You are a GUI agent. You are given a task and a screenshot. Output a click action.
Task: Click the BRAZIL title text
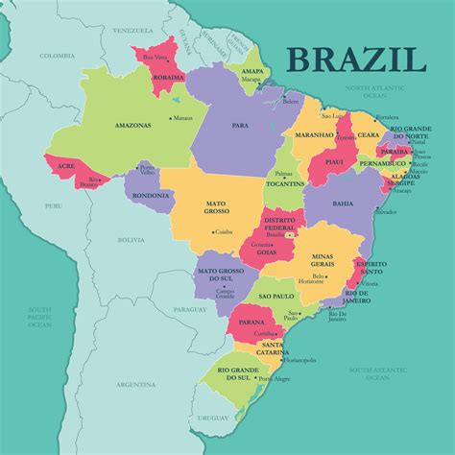coord(355,59)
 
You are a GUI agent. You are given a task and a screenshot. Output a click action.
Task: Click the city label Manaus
coord(183,118)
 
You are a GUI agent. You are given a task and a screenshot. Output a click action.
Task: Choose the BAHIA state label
coord(342,204)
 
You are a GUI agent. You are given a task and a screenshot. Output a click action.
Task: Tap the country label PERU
coord(52,205)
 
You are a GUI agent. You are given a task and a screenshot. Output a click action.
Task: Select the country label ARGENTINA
coord(135,384)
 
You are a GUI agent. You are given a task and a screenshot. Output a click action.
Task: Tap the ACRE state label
coord(66,165)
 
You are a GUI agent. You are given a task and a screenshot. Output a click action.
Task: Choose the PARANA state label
coord(252,322)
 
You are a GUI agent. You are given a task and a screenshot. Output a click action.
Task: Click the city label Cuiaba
coord(225,231)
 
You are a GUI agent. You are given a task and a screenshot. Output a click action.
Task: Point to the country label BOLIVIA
coord(131,240)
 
